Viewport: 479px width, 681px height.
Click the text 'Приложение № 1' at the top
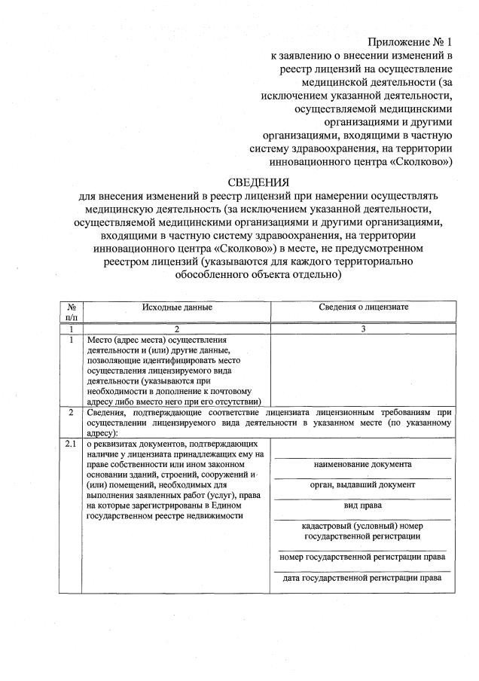coord(410,41)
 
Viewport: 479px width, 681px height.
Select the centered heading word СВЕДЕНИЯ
coord(258,182)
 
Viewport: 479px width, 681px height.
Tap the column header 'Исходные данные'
coord(177,307)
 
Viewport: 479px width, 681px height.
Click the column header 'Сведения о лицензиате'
coord(363,307)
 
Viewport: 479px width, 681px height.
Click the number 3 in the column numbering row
coord(363,329)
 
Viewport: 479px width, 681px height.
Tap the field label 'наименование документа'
coord(363,464)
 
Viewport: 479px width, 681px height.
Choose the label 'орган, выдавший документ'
coord(363,484)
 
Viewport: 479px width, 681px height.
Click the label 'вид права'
coord(363,505)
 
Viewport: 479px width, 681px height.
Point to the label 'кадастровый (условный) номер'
coord(363,526)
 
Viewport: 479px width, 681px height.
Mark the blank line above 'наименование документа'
coord(363,457)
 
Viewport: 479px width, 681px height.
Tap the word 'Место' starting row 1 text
coord(101,340)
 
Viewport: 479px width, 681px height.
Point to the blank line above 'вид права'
coord(363,498)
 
